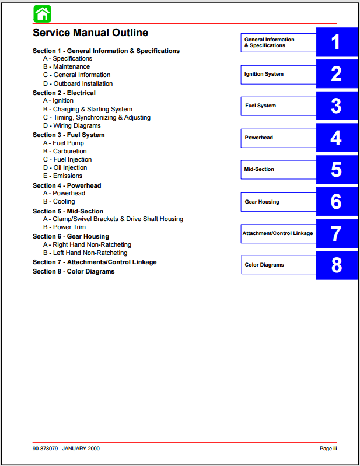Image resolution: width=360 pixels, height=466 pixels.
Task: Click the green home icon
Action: (x=42, y=13)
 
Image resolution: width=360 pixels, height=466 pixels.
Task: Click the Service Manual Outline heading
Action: (x=90, y=33)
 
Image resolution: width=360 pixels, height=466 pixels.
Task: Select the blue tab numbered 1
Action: (x=336, y=42)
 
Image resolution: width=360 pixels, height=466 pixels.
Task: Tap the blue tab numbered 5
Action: (x=336, y=170)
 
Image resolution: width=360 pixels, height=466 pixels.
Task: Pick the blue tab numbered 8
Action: (x=336, y=265)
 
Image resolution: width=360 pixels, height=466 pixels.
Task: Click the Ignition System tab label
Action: (x=278, y=74)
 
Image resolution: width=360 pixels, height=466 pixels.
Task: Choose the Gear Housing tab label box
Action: (x=278, y=202)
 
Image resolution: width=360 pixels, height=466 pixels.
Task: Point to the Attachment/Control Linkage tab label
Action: (x=278, y=233)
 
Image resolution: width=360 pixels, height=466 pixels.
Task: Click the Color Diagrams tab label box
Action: (x=278, y=265)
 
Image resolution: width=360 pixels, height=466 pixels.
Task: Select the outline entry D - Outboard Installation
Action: (x=78, y=83)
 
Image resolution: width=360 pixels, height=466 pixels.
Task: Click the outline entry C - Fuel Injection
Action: (x=67, y=159)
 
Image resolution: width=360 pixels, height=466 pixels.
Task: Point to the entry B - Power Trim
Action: (x=64, y=227)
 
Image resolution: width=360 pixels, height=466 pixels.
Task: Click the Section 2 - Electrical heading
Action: (x=64, y=93)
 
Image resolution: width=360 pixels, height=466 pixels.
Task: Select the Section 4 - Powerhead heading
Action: (x=67, y=185)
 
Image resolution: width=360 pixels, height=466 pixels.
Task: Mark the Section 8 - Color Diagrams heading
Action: (x=74, y=271)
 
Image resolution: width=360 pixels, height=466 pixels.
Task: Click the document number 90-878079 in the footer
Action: (x=46, y=449)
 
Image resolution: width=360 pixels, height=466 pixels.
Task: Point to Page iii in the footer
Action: (x=328, y=449)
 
